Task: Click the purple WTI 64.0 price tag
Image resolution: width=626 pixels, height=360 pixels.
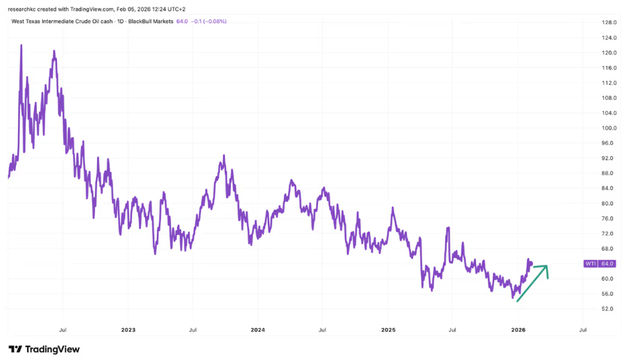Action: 598,264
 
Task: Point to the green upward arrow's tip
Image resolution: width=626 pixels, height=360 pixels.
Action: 548,266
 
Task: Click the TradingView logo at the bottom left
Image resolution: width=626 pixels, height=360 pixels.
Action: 44,349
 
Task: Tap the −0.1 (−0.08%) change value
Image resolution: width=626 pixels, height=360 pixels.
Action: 208,22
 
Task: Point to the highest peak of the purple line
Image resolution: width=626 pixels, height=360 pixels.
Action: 22,45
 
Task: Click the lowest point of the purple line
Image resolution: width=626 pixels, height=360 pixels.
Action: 514,299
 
